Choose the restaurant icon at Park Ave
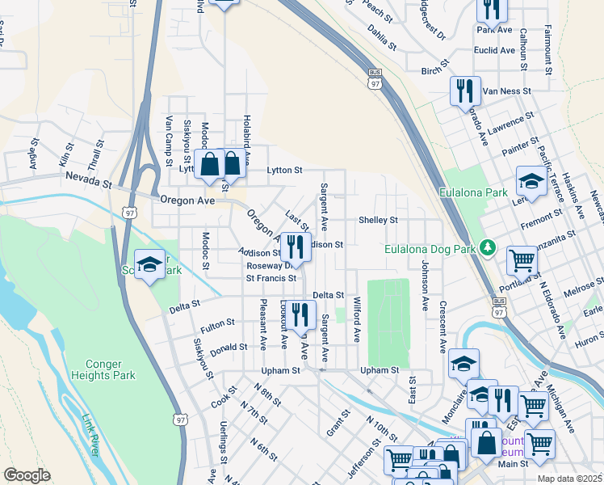coord(490,8)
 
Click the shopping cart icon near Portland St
coord(522,260)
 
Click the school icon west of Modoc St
coord(150,264)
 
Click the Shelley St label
coord(378,220)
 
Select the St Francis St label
coord(271,278)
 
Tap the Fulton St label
coord(217,323)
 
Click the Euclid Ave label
coord(496,50)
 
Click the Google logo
coord(27,474)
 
